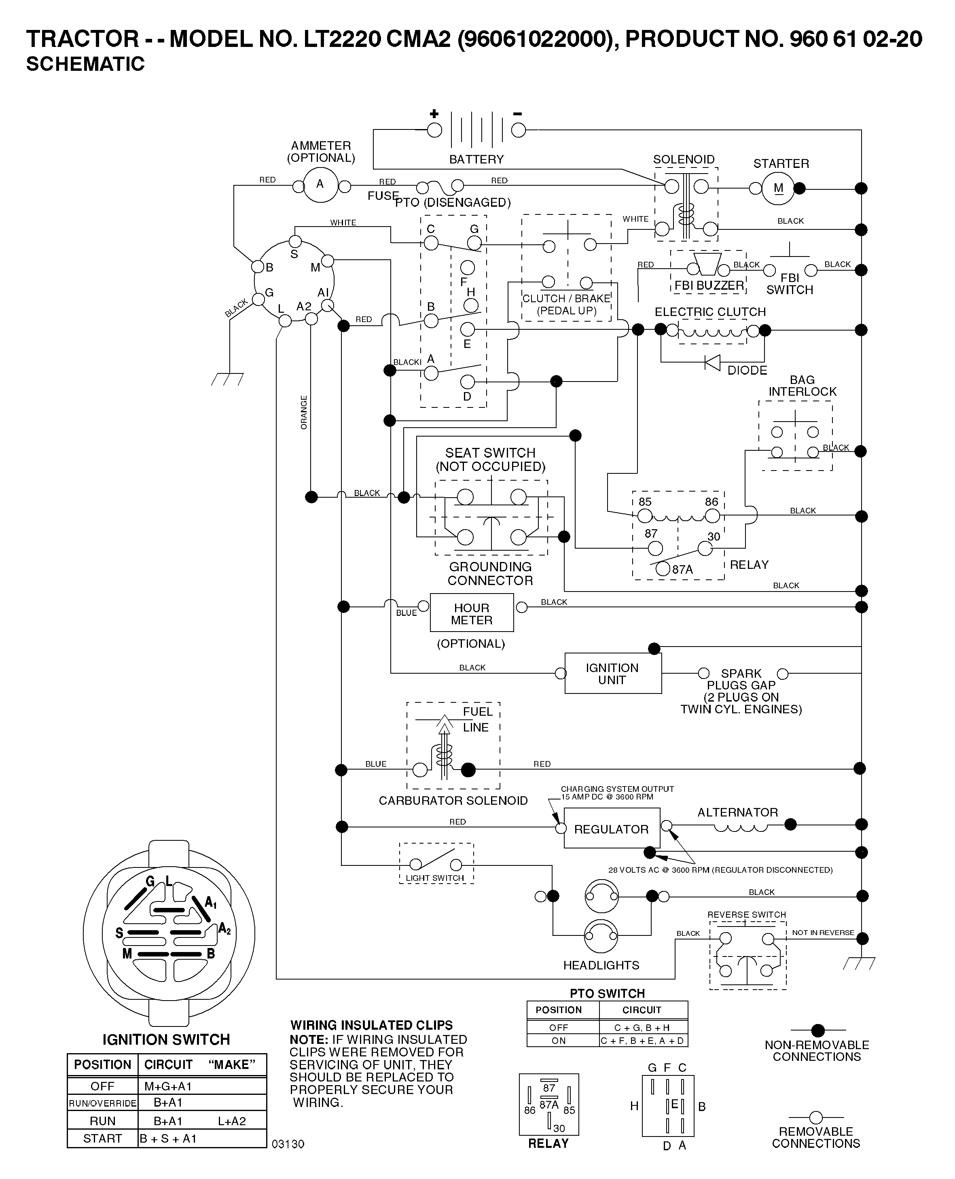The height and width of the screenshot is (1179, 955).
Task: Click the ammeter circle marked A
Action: pos(320,185)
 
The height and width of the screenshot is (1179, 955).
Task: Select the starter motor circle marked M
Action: pos(778,188)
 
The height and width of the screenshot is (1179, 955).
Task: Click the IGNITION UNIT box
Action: pos(613,673)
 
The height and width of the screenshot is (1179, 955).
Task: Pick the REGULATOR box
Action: pos(612,829)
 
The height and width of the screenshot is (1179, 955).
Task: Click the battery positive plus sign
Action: pos(434,114)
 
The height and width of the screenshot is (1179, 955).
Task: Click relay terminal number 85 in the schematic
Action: pos(645,502)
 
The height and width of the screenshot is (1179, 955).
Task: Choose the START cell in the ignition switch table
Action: pos(102,1138)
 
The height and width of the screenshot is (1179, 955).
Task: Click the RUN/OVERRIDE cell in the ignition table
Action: pos(102,1103)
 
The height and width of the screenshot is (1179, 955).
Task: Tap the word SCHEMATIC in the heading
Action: pos(85,64)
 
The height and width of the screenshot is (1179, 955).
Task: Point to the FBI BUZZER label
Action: pos(709,286)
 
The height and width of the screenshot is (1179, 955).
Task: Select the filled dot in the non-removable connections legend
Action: pos(818,1030)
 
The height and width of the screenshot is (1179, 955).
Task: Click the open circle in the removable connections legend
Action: pos(816,1118)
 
